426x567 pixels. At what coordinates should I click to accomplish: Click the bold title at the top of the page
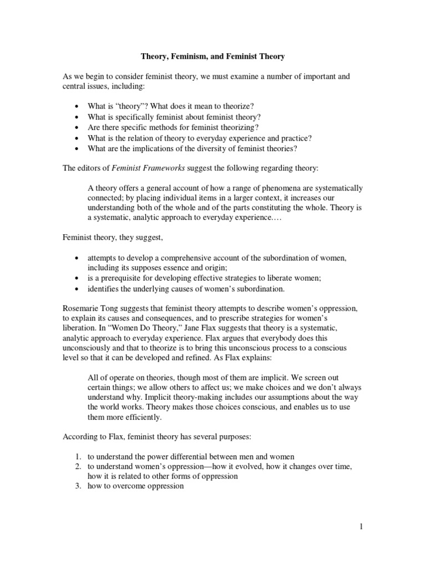point(213,56)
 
